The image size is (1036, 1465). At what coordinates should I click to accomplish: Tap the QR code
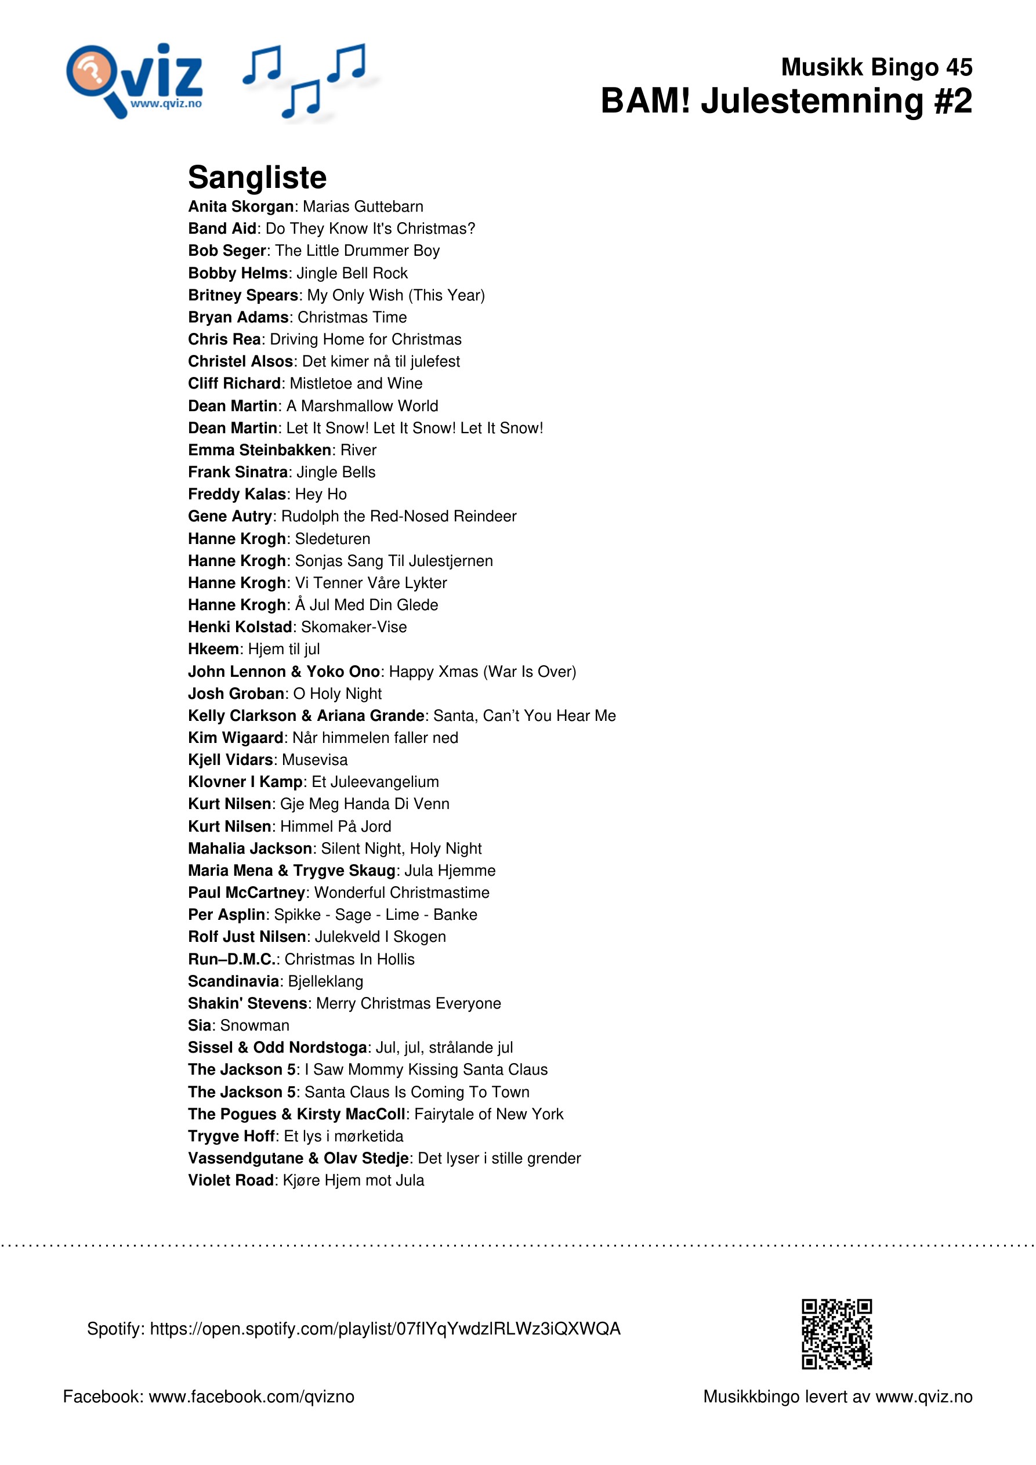(x=836, y=1333)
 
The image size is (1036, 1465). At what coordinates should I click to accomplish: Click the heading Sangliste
(x=256, y=177)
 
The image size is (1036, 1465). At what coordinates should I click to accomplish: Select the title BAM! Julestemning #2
(x=786, y=101)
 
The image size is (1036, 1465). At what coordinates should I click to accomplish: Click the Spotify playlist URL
(x=385, y=1329)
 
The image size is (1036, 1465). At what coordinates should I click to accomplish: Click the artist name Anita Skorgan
(x=241, y=206)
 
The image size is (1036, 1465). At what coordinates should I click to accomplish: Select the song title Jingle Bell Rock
(x=352, y=273)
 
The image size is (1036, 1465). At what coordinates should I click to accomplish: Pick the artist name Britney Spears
(x=243, y=295)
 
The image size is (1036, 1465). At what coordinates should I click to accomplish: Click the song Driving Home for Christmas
(x=365, y=339)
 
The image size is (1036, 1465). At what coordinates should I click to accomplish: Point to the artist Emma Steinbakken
(x=259, y=450)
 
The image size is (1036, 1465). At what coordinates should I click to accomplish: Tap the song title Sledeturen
(x=332, y=539)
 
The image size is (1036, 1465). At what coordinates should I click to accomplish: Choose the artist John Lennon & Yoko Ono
(x=284, y=671)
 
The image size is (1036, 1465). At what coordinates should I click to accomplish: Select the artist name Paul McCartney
(x=246, y=893)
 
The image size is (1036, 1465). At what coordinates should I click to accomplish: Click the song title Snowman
(x=254, y=1025)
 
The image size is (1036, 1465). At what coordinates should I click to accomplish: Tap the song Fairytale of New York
(x=488, y=1114)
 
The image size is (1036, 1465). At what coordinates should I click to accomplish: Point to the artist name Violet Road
(x=230, y=1180)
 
